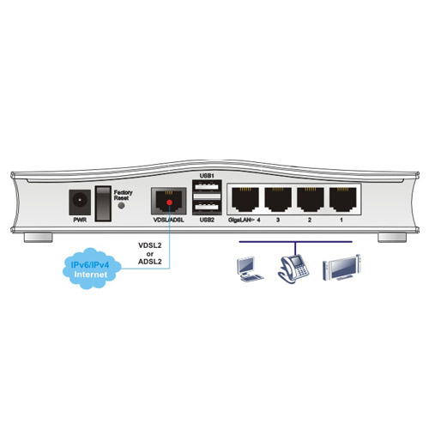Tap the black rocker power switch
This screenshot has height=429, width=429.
[103, 203]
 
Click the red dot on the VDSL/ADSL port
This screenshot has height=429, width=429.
[169, 202]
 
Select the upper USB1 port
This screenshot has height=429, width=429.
[208, 186]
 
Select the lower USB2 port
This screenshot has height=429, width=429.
[208, 208]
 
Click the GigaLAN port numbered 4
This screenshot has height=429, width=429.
[245, 199]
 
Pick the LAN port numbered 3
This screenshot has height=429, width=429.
[278, 199]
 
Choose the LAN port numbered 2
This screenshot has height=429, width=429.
[311, 199]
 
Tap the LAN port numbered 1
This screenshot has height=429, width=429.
[343, 199]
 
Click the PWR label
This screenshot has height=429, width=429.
[80, 220]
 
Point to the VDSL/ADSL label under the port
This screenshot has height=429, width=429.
[169, 220]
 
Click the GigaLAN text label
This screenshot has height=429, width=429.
[239, 220]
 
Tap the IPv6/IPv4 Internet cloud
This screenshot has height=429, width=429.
[92, 269]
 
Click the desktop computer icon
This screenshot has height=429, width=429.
[250, 269]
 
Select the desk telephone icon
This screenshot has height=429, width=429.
[293, 269]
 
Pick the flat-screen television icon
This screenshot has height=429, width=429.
[341, 268]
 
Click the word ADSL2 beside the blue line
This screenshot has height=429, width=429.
[150, 262]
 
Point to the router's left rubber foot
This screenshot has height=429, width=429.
[38, 238]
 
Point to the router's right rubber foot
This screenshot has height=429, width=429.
[392, 238]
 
